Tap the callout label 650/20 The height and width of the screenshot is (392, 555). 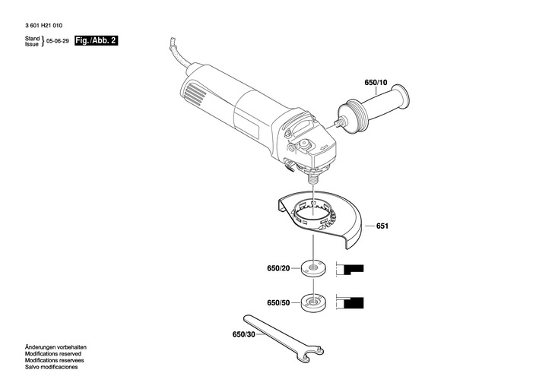(x=278, y=268)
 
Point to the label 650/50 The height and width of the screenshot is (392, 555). (x=278, y=302)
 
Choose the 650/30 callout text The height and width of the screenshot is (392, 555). (x=244, y=334)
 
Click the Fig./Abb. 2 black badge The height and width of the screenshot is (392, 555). (x=96, y=40)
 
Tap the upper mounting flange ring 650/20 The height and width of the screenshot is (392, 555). (x=312, y=267)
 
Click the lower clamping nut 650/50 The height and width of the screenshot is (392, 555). (x=312, y=301)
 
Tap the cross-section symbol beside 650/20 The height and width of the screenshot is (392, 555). (x=353, y=268)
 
